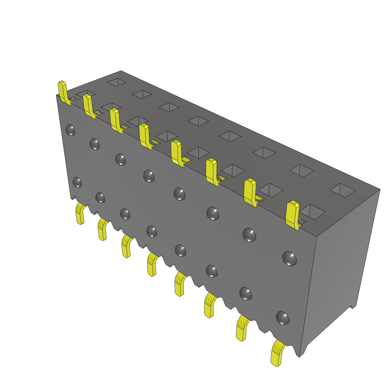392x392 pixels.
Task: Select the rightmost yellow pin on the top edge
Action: (293, 214)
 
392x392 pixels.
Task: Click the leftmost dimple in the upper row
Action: (70, 130)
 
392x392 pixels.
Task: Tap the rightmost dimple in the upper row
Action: (289, 258)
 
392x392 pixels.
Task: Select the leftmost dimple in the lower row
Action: (77, 182)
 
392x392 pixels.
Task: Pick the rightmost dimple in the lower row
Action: (283, 318)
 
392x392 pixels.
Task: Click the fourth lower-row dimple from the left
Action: (152, 231)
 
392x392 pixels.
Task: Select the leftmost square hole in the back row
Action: (117, 82)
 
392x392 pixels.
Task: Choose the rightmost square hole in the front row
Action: (313, 211)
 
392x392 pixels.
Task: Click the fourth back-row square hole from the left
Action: (198, 121)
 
